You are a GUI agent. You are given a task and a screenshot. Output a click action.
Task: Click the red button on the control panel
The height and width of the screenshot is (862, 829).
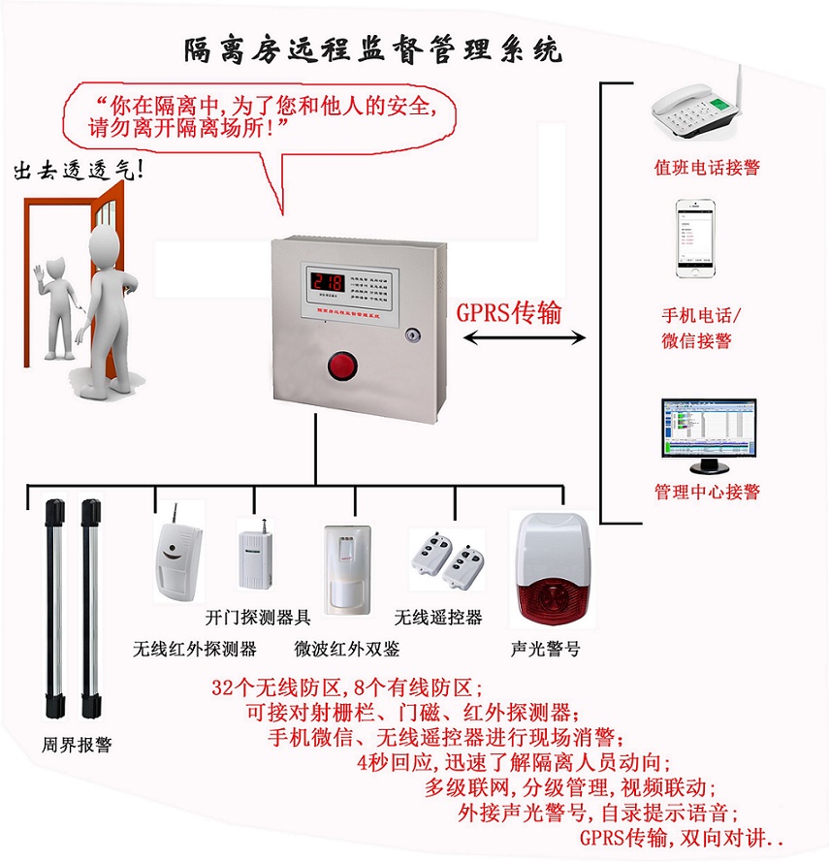pos(342,366)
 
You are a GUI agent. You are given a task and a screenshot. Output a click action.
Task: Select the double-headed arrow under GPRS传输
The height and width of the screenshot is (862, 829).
pos(525,337)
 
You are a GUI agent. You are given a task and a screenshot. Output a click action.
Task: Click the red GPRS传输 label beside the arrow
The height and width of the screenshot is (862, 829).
pos(508,312)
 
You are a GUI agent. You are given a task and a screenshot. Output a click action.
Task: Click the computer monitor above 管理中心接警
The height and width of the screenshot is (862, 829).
pos(706,428)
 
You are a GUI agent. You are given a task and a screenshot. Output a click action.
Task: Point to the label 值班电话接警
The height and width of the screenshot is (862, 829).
pos(707,168)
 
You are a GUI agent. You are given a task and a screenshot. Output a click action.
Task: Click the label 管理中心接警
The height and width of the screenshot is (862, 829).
pos(707,492)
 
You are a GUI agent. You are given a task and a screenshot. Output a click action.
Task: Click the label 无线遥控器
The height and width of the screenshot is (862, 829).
pos(438,618)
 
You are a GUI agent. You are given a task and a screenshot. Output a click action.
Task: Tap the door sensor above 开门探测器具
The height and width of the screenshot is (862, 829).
pos(256,554)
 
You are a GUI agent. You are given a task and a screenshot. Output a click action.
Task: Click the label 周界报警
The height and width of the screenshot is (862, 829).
pos(77,745)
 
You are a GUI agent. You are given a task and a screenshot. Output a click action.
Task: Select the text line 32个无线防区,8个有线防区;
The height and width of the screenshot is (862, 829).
pos(347,689)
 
